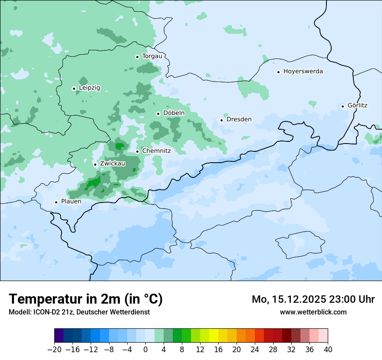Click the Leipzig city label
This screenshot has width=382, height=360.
89,88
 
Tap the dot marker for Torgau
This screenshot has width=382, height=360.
137,57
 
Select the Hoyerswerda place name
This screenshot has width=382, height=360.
303,72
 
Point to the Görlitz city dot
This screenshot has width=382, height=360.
342,106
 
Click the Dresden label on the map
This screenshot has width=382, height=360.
239,120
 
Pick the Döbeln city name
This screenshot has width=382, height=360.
174,113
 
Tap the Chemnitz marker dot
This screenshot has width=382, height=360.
137,152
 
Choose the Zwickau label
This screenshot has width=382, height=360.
112,164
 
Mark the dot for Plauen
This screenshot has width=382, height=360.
56,202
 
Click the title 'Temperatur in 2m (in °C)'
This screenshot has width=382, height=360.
86,299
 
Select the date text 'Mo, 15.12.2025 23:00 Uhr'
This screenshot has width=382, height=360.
313,299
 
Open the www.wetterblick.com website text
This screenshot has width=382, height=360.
313,312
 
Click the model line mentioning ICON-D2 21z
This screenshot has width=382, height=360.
79,312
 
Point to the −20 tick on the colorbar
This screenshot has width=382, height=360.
54,350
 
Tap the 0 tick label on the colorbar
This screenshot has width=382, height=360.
145,350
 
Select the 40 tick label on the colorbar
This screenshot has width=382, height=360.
328,350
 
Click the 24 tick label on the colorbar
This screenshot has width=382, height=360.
255,350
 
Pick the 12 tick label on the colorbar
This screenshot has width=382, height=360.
200,350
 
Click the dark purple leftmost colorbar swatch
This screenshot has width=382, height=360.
59,336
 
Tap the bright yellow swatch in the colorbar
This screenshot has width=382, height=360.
214,336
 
